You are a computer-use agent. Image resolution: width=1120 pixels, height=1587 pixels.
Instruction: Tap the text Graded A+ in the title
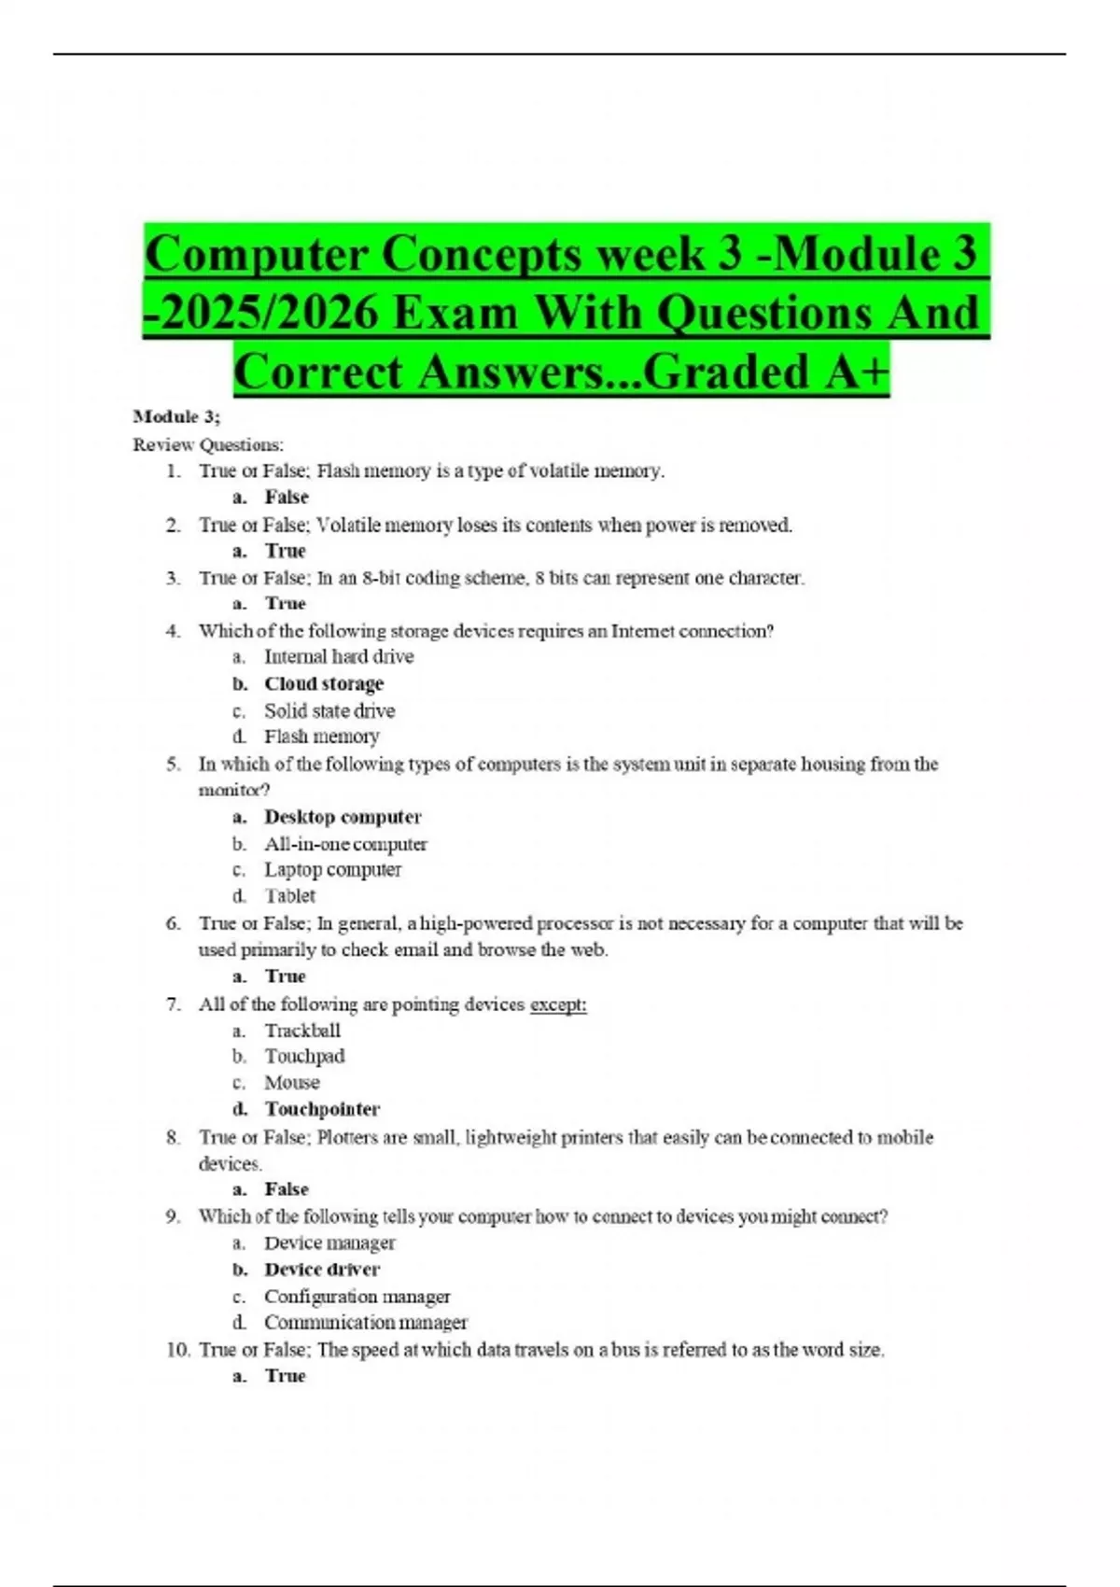coord(765,372)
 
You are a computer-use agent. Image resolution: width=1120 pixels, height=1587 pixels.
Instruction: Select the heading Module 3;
coord(176,416)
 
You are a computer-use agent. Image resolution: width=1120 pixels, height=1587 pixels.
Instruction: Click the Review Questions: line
coord(208,444)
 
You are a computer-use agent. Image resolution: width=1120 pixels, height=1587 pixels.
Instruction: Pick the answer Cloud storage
coord(323,683)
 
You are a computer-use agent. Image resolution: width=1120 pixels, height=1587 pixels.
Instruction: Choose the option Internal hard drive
coord(339,656)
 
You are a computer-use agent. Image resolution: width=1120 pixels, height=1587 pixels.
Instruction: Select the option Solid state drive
coord(329,710)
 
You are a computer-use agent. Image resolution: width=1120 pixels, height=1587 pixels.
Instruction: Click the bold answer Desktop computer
coord(343,817)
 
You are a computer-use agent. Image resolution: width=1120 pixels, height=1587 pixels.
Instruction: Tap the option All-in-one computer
coord(345,844)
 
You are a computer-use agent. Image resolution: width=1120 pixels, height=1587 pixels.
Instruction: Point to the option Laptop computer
coord(332,870)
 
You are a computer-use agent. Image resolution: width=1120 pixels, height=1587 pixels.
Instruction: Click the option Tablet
coord(289,896)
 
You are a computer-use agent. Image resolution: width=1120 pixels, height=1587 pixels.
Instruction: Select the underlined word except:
coord(558,1004)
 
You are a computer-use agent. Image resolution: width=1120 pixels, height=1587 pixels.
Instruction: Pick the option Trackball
coord(302,1031)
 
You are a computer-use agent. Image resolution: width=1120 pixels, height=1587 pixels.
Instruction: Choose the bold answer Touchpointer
coord(322,1109)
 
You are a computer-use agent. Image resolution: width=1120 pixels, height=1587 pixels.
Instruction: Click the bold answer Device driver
coord(322,1270)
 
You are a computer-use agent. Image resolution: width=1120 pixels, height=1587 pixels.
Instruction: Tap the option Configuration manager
coord(357,1297)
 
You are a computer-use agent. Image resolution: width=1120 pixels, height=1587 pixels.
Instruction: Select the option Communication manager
coord(365,1323)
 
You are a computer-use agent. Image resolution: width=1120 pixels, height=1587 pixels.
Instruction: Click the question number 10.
coord(177,1350)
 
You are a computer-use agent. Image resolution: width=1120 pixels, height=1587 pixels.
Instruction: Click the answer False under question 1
coord(286,498)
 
